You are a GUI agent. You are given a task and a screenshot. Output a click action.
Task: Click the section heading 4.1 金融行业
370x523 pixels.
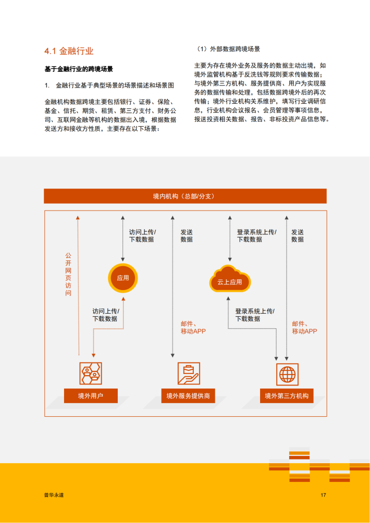(69, 51)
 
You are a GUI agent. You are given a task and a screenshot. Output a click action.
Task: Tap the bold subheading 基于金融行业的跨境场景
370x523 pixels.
(79, 69)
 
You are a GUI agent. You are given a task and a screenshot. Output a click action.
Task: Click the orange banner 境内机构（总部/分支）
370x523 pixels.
(185, 196)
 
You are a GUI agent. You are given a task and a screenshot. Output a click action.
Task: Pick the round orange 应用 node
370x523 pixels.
(123, 278)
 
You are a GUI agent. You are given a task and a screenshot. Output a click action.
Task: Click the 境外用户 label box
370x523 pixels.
(91, 396)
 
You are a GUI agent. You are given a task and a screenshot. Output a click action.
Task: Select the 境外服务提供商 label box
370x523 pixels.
(188, 396)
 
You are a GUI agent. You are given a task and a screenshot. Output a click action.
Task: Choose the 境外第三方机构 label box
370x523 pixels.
(287, 396)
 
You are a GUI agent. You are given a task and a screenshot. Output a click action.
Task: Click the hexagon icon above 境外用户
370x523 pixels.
(91, 373)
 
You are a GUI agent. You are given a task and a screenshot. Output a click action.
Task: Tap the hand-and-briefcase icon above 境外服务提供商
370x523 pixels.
(189, 373)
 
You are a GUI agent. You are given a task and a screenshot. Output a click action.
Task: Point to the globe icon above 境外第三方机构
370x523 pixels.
(287, 374)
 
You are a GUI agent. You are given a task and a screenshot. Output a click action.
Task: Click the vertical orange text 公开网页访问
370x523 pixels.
(68, 274)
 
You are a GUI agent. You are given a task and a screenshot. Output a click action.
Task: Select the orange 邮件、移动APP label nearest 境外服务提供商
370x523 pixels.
(193, 327)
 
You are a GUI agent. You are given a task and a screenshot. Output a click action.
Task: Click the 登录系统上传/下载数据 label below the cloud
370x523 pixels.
(255, 315)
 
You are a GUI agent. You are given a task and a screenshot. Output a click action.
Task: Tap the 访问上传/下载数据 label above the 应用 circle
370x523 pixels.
(143, 235)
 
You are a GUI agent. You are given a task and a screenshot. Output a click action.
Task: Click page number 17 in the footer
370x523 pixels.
(323, 495)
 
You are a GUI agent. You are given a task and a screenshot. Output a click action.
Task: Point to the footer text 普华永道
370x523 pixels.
(54, 495)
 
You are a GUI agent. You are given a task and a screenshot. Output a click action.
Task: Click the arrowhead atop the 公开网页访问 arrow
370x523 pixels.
(78, 217)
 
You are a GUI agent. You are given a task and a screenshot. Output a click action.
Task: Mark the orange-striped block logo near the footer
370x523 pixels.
(319, 464)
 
